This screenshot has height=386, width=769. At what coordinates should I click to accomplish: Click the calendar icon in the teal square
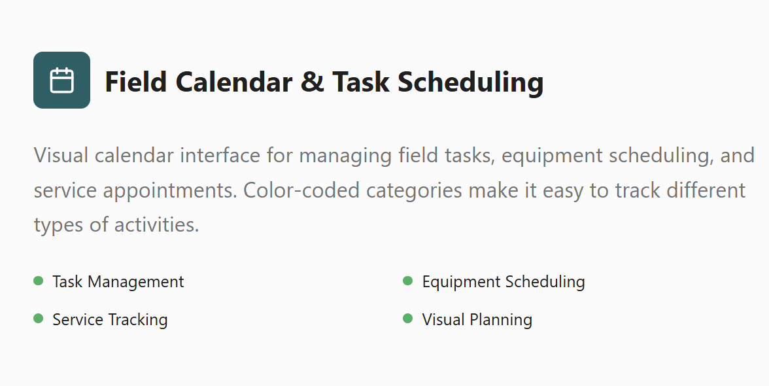[x=61, y=80]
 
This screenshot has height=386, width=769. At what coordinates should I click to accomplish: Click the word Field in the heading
[x=135, y=82]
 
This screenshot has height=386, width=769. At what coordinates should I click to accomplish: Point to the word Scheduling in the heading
[x=471, y=82]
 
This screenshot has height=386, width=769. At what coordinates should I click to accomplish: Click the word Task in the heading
[x=360, y=82]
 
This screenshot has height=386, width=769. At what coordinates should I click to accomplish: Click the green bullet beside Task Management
[x=38, y=281]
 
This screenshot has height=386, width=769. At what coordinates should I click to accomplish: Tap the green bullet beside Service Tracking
[x=38, y=319]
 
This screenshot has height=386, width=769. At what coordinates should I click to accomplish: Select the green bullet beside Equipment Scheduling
[x=408, y=281]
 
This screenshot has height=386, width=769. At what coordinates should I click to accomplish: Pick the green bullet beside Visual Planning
[x=408, y=319]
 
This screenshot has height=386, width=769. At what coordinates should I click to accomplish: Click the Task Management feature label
[x=118, y=282]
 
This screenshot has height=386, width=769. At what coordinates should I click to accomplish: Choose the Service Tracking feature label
[x=110, y=320]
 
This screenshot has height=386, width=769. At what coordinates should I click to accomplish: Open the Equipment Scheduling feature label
[x=504, y=282]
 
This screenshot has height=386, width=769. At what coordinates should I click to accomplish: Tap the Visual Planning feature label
[x=477, y=320]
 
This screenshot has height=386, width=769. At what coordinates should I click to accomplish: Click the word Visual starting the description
[x=61, y=156]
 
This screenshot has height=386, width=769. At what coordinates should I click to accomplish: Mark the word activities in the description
[x=156, y=224]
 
